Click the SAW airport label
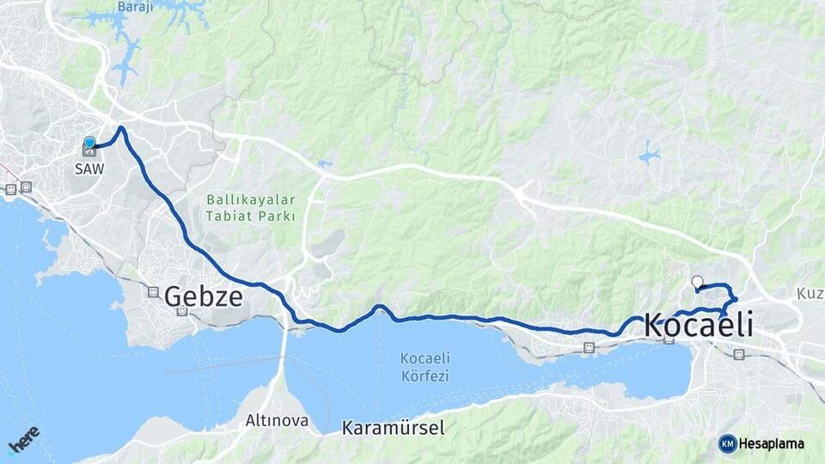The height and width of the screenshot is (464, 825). (89, 168)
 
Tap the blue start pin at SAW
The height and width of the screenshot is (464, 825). (89, 143)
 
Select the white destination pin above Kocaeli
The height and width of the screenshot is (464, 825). (697, 281)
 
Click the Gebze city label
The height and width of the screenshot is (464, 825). (203, 296)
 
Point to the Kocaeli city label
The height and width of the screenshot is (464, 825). (698, 326)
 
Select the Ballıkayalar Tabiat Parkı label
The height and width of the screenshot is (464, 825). (250, 208)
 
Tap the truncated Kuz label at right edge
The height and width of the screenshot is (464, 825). (810, 294)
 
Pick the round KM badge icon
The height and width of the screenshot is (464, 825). (727, 443)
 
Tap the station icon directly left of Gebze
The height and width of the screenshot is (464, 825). (154, 292)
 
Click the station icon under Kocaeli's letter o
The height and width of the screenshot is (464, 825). (669, 339)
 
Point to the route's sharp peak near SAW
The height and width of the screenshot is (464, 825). (122, 129)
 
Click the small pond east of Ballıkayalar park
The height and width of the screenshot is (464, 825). (324, 163)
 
